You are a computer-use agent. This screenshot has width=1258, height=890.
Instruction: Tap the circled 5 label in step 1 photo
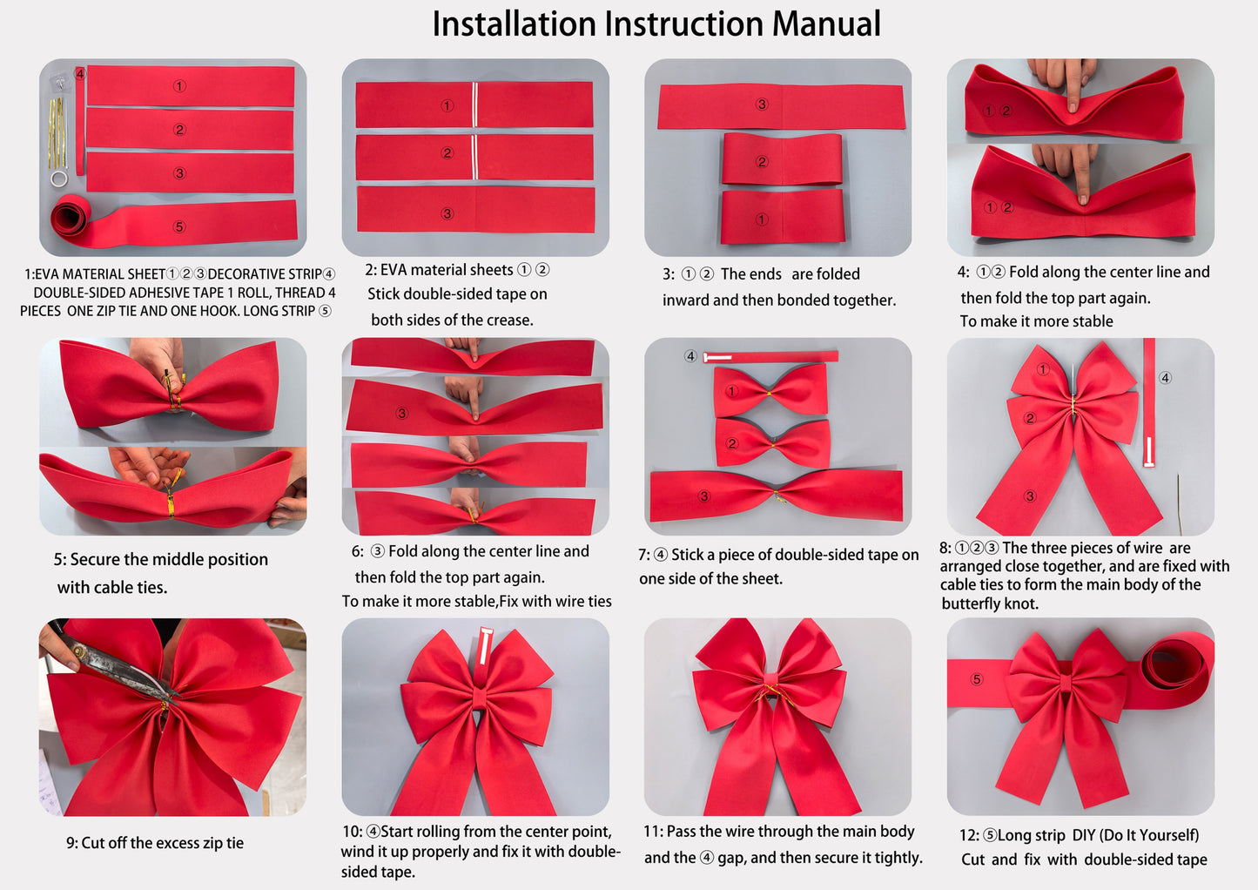179,226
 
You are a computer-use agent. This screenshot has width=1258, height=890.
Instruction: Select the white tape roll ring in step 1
58,179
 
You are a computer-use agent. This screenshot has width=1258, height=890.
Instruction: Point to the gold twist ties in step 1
57,131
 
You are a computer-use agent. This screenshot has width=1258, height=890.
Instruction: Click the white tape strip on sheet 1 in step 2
475,105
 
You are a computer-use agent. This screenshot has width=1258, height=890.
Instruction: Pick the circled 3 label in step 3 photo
762,105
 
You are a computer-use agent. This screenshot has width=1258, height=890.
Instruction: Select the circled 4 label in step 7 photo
690,356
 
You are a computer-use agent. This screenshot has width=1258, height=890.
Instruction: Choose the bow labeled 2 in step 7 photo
771,443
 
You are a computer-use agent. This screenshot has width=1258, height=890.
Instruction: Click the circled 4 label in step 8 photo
1165,378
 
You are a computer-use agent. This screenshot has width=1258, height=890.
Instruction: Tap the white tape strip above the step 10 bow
485,644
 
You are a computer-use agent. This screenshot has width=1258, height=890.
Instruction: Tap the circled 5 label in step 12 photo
976,679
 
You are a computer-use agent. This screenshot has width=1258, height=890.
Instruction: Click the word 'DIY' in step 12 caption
1083,835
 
